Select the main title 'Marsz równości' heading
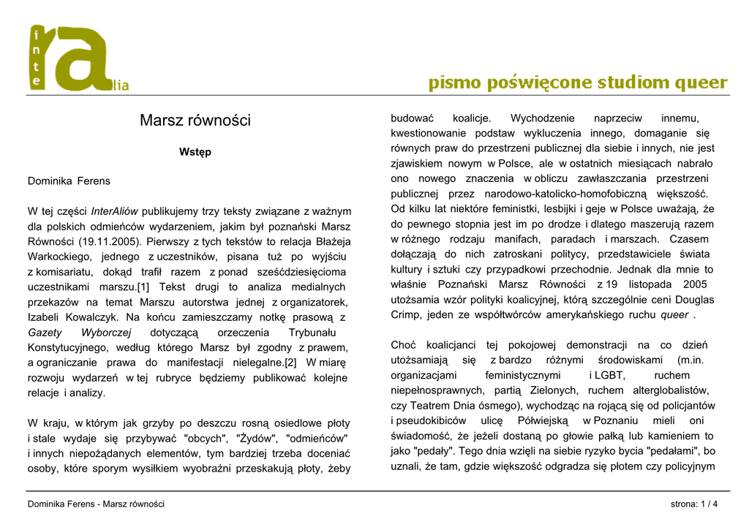(195, 120)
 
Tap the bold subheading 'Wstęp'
(195, 152)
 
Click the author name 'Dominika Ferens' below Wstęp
(69, 181)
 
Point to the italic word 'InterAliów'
(115, 211)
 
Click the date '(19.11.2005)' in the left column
(108, 241)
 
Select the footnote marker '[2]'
(290, 363)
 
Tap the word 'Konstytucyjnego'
(68, 347)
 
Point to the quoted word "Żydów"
(256, 439)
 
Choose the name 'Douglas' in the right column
(694, 300)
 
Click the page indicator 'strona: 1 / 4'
(694, 504)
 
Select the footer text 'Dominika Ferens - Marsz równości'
(96, 504)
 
